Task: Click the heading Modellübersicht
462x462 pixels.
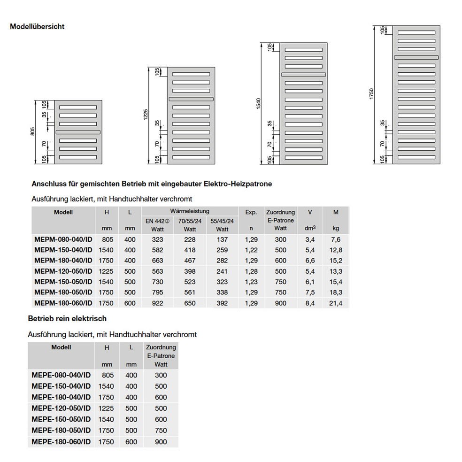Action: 37,27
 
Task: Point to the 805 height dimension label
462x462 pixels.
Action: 32,132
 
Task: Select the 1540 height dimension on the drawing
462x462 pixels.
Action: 257,104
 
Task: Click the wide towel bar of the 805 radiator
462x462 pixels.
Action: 78,132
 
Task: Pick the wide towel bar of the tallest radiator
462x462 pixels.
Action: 416,57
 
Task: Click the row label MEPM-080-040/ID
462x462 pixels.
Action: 63,239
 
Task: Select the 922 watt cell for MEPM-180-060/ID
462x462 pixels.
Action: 157,303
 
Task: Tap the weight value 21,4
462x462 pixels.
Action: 336,303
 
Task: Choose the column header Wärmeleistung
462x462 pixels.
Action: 190,212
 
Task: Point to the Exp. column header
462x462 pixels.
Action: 251,212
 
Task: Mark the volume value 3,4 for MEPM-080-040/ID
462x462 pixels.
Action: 310,239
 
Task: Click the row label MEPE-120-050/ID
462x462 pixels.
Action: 61,408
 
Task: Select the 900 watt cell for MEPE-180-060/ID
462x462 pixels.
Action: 161,441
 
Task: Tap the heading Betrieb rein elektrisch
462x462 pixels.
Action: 68,318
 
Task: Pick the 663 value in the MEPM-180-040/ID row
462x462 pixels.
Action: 157,261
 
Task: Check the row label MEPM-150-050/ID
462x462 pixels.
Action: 63,282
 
